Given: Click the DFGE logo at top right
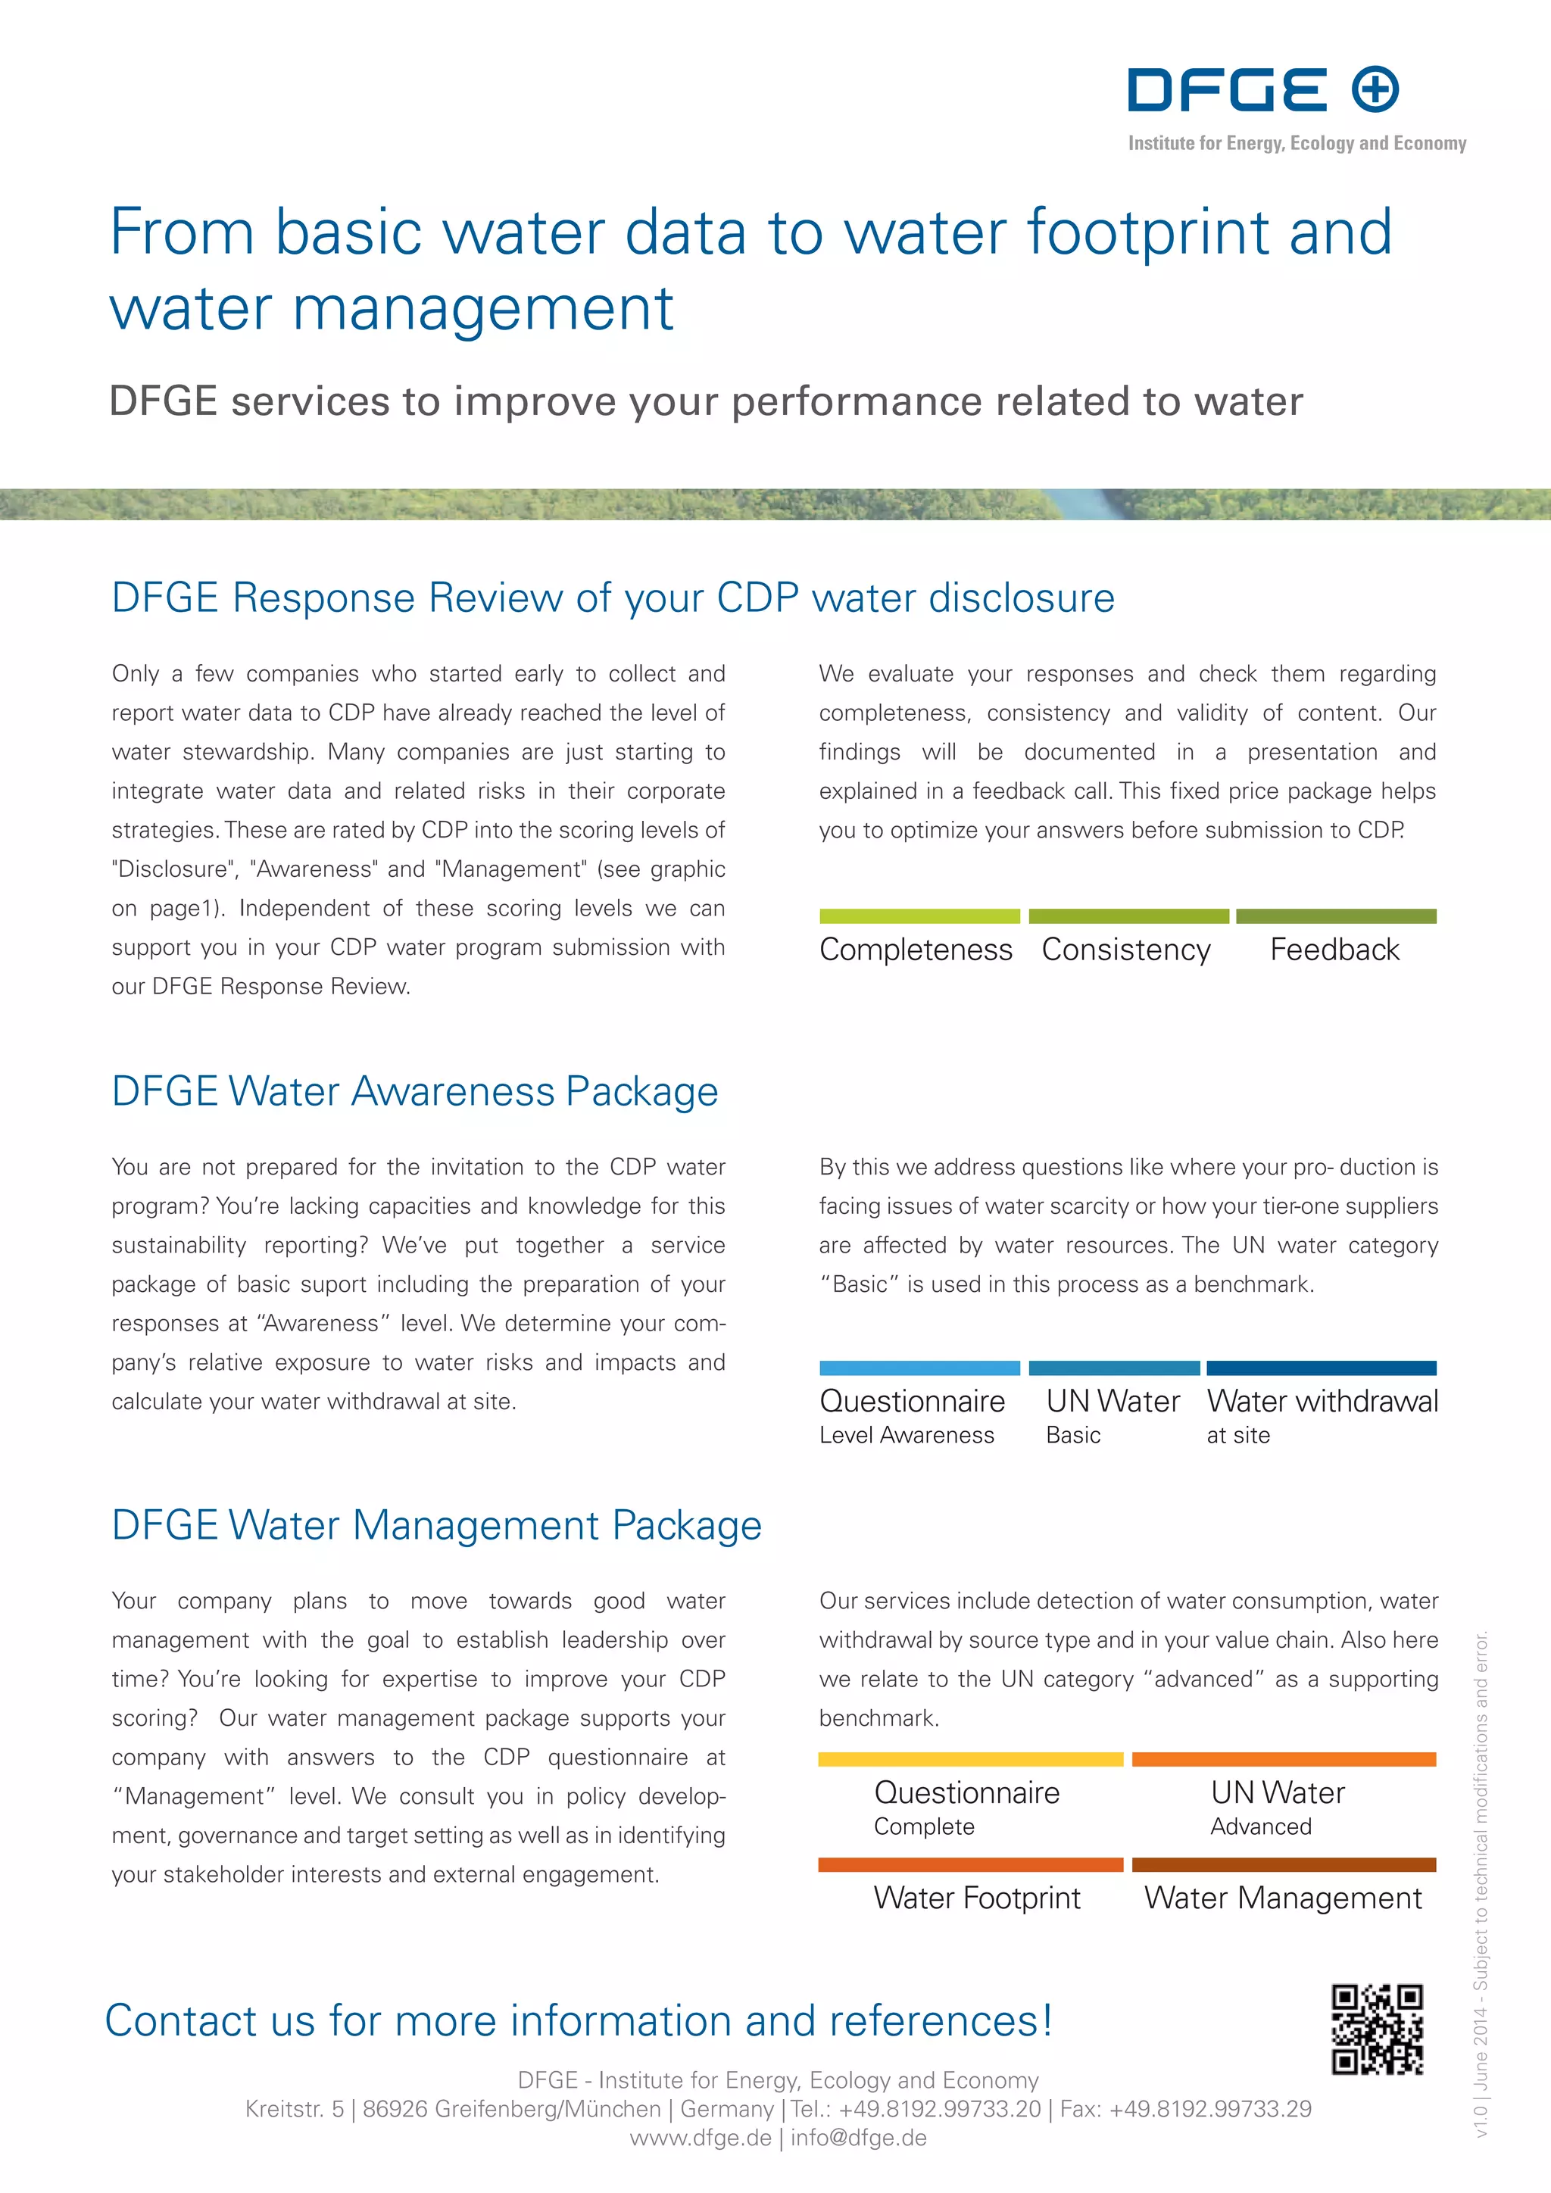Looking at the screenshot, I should (x=1227, y=90).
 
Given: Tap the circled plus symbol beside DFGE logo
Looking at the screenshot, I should (x=1375, y=90).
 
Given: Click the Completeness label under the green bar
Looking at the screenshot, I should (x=916, y=950).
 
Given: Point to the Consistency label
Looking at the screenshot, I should (x=1126, y=950).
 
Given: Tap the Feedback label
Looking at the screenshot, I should (x=1334, y=950).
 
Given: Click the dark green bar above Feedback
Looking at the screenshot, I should (x=1336, y=916).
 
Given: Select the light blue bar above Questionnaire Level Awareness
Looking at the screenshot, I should (x=919, y=1368).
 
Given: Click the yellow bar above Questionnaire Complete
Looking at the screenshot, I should (x=970, y=1759).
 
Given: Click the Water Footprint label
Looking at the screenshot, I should (x=977, y=1898).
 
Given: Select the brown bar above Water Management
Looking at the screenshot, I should (x=1284, y=1864).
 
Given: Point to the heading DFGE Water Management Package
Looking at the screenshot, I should (x=436, y=1524).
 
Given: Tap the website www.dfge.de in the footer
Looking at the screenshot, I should (x=700, y=2138).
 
